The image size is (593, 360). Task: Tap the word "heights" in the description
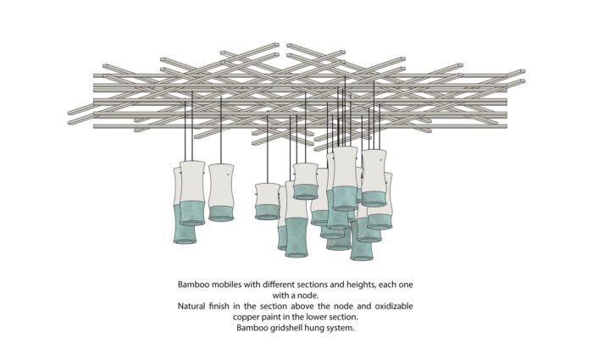point(361,285)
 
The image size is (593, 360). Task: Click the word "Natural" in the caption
point(191,306)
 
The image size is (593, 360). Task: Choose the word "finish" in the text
point(220,306)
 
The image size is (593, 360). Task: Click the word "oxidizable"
point(394,306)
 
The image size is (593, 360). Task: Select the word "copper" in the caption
point(246,317)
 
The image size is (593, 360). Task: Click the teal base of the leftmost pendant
point(185,224)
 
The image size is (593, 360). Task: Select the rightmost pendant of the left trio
point(221,192)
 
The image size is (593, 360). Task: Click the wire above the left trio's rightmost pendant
point(221,130)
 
